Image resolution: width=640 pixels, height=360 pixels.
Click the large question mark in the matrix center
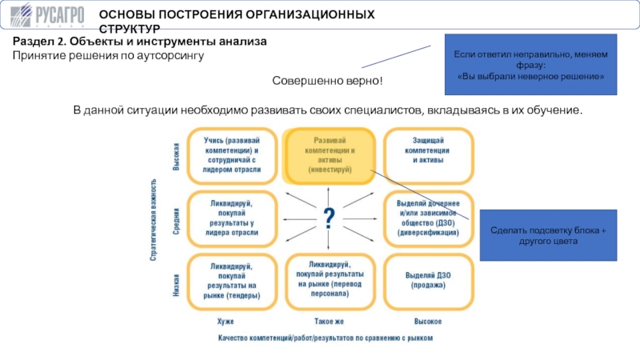pos(329,218)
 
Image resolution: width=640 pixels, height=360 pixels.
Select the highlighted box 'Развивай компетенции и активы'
pos(329,155)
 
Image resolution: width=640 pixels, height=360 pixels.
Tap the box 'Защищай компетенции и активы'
pos(428,155)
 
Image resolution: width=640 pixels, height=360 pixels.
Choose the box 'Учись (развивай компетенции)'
pos(232,155)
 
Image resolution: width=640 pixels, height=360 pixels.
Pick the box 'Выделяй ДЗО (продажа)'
pos(428,282)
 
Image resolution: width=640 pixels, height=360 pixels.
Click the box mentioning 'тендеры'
pos(232,282)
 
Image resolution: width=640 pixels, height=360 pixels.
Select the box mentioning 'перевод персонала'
pos(330,282)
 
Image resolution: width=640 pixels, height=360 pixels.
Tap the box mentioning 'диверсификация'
pos(428,218)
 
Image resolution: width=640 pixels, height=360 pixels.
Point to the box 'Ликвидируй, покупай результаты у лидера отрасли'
pos(232,218)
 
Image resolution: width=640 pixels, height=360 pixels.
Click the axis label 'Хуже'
pos(226,322)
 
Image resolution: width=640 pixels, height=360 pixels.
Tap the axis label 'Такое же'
pos(329,322)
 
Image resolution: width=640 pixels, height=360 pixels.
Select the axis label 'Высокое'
pos(428,322)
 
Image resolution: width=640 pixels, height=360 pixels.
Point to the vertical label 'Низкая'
pos(176,285)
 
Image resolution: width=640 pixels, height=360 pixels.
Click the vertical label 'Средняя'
pos(176,222)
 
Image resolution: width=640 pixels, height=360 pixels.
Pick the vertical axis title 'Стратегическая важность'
pos(153,219)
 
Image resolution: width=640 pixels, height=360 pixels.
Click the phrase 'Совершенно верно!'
pos(327,81)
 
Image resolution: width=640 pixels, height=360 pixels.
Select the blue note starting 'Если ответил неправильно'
pos(530,65)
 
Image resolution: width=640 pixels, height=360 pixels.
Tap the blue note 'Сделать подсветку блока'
pos(548,235)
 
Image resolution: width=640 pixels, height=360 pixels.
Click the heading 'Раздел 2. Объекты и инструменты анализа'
pos(139,42)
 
